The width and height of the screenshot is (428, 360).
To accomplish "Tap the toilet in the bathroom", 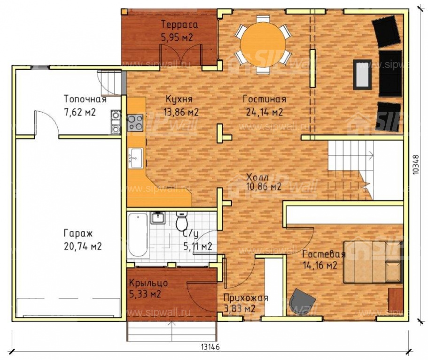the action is coord(181,221).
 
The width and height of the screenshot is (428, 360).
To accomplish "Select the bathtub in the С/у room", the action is coord(139,235).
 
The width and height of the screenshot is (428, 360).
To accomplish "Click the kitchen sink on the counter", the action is coord(136,158).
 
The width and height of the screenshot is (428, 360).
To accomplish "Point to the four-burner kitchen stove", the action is coord(135,123).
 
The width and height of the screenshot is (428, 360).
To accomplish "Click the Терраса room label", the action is coord(179,24).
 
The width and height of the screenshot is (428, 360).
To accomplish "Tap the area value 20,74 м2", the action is coord(83,246).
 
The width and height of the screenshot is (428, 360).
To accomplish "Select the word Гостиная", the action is coord(265,99).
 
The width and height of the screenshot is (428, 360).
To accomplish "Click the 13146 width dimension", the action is coord(210,347).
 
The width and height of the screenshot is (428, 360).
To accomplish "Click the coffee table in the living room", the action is coord(363,75).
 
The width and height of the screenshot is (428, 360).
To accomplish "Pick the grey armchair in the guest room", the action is coord(302,301).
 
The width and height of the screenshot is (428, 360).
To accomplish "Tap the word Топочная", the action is coord(85,99).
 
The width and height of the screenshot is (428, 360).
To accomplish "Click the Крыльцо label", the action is coord(148,283).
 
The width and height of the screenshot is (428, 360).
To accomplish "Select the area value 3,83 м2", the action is coord(240,309).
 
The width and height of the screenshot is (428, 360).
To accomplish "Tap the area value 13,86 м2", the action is coord(181,112).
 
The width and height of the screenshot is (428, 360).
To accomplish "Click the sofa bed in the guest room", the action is coord(373,262).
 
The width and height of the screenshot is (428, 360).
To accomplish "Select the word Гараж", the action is coord(78,234).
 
